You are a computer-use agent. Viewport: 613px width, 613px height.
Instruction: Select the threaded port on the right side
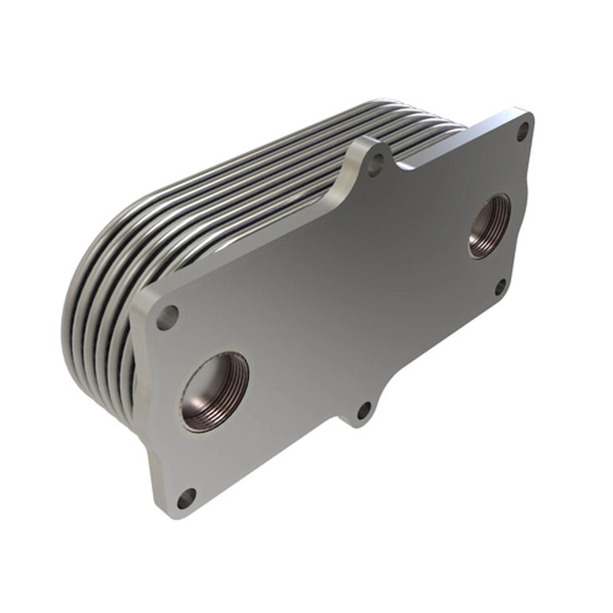[x=489, y=226]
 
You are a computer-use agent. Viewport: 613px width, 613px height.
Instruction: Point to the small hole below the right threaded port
[x=499, y=285]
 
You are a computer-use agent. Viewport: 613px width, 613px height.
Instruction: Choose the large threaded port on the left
[x=214, y=391]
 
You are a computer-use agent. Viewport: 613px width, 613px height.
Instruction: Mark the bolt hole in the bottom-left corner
[x=186, y=498]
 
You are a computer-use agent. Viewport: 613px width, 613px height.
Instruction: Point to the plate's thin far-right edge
[x=529, y=207]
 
